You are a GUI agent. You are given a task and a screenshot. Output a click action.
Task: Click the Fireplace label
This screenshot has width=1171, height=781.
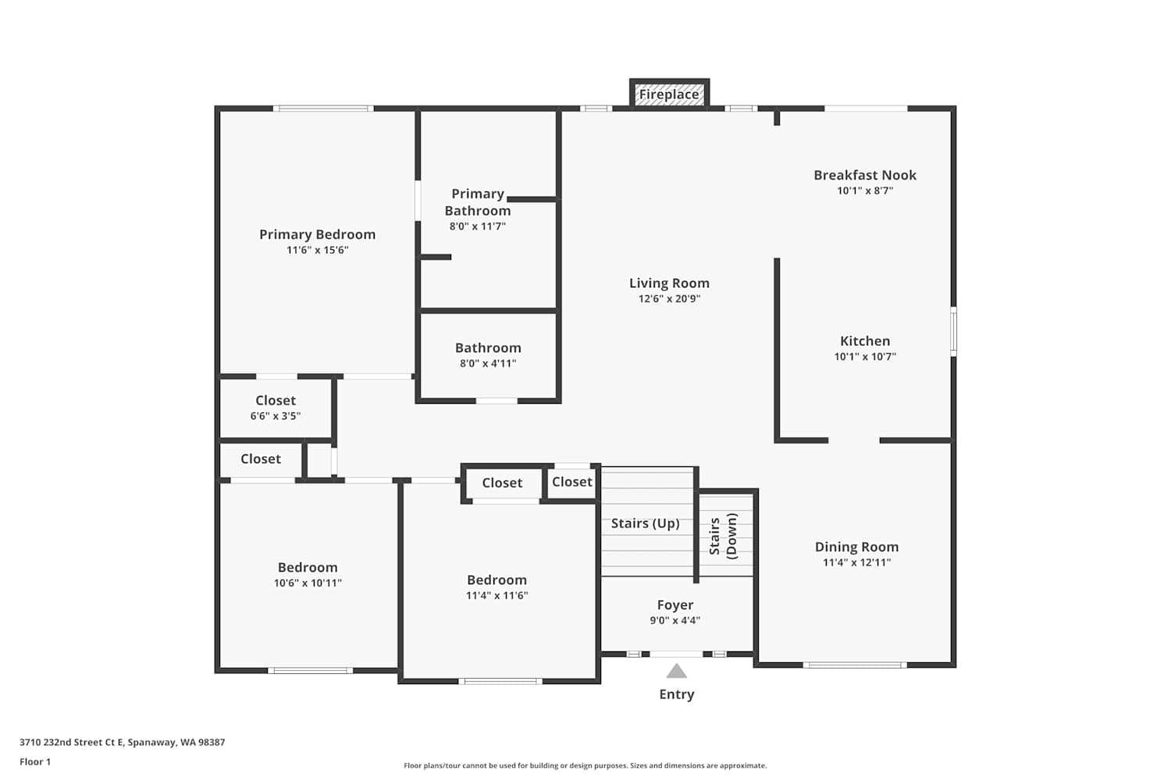point(668,95)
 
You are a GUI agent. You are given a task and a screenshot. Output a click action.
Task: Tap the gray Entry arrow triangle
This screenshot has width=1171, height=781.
point(677,671)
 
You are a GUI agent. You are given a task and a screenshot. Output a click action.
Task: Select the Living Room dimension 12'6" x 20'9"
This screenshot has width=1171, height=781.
point(669,298)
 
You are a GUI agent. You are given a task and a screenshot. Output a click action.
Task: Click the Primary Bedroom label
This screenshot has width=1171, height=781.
point(317,234)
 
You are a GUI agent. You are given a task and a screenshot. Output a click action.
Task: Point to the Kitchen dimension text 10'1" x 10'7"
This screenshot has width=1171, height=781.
point(865,357)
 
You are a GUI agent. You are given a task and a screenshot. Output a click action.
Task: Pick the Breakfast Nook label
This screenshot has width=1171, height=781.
point(865,175)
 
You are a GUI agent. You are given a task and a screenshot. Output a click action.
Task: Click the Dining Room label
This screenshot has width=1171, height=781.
point(857,547)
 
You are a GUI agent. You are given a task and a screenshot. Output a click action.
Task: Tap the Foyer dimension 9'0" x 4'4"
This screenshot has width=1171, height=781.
point(675,620)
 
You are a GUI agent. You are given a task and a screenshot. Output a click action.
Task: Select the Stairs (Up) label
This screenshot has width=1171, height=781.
point(645,523)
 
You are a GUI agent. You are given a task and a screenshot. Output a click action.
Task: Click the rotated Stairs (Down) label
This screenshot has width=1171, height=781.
point(723,537)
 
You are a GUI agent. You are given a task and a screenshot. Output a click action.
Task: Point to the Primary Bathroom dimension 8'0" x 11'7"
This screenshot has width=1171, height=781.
point(478,226)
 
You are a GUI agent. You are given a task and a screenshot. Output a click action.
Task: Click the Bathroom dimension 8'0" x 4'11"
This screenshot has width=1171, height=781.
point(488,364)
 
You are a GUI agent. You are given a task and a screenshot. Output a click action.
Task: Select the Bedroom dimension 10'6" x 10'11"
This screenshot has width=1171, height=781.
point(308,583)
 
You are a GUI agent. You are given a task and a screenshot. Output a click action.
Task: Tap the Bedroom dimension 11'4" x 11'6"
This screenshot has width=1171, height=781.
point(497,595)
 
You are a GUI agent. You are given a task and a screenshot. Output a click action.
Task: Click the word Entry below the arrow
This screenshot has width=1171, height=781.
point(677,694)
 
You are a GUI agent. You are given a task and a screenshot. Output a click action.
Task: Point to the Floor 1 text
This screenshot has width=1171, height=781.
point(35,761)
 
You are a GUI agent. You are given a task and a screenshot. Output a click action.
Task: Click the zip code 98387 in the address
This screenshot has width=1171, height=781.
point(212,742)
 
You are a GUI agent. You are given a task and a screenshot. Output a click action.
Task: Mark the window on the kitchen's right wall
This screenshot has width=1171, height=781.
point(953,332)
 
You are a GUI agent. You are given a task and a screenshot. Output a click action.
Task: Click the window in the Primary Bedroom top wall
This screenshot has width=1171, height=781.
point(323,109)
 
